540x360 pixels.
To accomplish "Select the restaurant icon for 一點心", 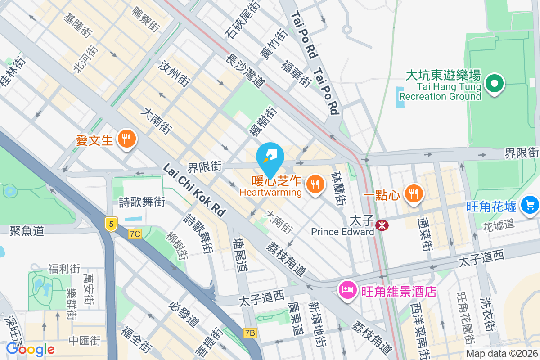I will click(413, 193).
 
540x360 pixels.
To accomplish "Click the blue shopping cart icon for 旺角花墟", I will click(530, 205).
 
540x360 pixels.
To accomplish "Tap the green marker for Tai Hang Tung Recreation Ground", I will click(494, 84).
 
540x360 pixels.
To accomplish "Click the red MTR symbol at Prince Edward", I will click(382, 225).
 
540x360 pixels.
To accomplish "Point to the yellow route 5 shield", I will click(110, 223).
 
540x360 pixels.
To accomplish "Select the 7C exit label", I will click(135, 234).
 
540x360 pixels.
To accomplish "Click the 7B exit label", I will click(250, 333).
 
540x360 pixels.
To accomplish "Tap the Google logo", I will click(30, 349).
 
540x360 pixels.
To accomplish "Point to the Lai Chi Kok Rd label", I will click(194, 191).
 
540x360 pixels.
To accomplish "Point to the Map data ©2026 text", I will click(502, 353).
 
